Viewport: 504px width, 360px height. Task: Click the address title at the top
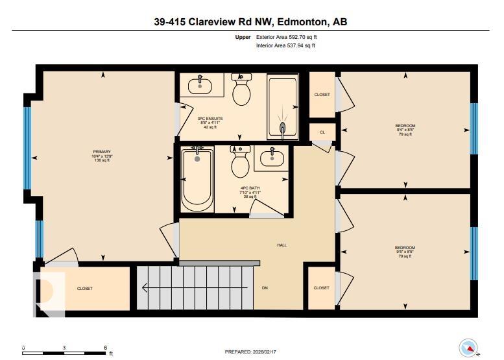click(x=252, y=22)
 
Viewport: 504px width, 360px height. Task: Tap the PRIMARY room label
click(x=102, y=152)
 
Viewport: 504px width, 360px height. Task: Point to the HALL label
click(x=282, y=245)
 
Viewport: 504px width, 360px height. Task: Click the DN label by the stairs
click(x=265, y=288)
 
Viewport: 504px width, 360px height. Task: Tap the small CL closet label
click(x=322, y=132)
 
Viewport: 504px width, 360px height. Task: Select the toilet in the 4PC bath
click(x=241, y=164)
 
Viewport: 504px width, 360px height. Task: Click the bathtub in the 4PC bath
click(x=197, y=178)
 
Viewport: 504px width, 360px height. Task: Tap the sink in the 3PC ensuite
click(x=200, y=84)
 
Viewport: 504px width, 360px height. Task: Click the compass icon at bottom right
click(x=468, y=348)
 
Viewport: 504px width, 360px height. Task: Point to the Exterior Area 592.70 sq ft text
click(x=286, y=38)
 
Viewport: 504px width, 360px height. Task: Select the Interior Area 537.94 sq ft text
click(x=286, y=45)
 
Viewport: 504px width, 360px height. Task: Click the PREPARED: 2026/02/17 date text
click(x=251, y=352)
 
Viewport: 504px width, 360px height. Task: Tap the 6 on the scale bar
click(x=105, y=348)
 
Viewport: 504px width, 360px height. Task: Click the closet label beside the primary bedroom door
click(x=85, y=289)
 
